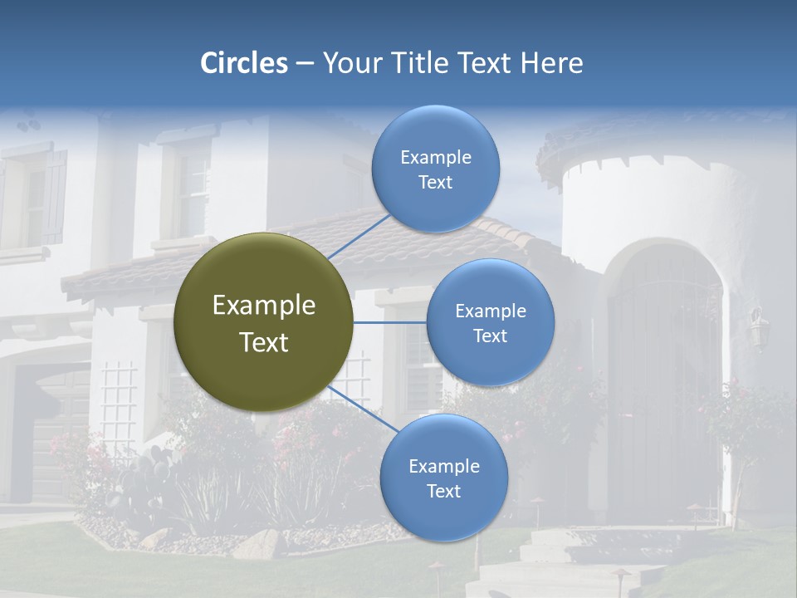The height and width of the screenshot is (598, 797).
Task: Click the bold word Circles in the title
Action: point(244,63)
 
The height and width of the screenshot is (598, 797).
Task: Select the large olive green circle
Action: point(264,322)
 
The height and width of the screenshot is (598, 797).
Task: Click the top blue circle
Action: point(436,169)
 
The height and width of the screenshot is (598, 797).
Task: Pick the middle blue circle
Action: point(490,322)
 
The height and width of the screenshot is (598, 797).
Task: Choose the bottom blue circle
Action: point(443,478)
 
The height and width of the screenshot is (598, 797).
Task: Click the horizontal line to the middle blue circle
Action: point(390,322)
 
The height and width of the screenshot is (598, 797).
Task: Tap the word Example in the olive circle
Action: point(264,306)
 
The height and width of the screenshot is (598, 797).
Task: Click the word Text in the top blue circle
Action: point(436,183)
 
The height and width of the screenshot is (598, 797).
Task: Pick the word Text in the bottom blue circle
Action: point(443,492)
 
